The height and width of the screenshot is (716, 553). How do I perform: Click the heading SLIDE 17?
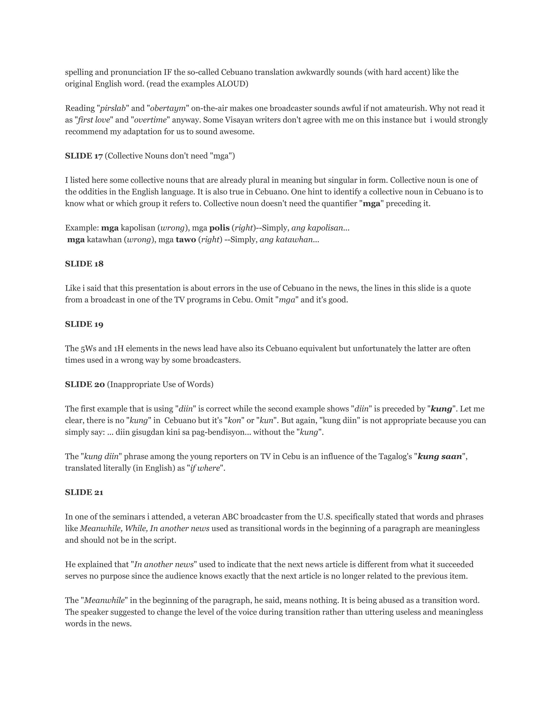pyautogui.click(x=84, y=156)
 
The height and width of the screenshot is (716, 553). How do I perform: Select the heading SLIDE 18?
pyautogui.click(x=84, y=264)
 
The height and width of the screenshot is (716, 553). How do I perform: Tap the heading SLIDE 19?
pyautogui.click(x=84, y=324)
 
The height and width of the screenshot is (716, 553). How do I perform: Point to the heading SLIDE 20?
pyautogui.click(x=85, y=384)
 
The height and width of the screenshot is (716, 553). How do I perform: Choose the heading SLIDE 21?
pyautogui.click(x=84, y=492)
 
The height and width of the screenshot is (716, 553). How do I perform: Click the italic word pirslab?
pyautogui.click(x=113, y=108)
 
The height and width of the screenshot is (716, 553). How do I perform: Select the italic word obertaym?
pyautogui.click(x=168, y=108)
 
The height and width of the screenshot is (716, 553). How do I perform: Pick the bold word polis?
pyautogui.click(x=219, y=228)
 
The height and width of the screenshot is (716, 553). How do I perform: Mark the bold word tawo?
pyautogui.click(x=186, y=240)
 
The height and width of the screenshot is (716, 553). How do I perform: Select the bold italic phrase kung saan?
pyautogui.click(x=440, y=457)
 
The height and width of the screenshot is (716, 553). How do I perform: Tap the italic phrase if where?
pyautogui.click(x=205, y=468)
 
